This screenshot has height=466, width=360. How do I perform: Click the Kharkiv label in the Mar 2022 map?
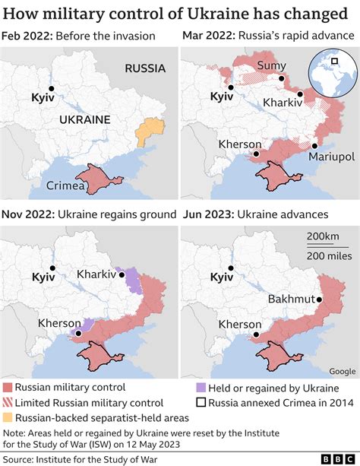282,101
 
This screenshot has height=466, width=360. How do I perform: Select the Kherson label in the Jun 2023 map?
241,324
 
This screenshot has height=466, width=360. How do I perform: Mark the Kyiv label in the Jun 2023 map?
221,278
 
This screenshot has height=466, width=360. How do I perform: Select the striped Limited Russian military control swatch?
8,403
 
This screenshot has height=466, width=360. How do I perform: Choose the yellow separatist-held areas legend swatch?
8,417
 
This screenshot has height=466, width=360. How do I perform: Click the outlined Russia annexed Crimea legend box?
201,403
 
